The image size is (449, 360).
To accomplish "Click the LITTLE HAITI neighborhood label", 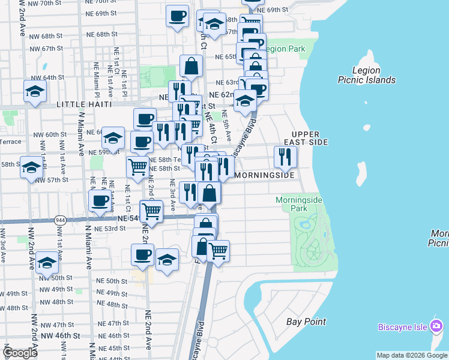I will tap(84, 104).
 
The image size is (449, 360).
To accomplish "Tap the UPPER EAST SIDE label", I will tap(310, 138).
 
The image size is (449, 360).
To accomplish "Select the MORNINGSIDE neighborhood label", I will tap(265, 175).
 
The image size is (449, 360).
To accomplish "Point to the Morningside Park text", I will tap(299, 204).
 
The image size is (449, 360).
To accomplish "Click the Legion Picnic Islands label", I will tap(366, 75).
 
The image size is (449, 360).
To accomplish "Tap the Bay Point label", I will tap(306, 322).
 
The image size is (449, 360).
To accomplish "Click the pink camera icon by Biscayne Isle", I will tap(436, 326).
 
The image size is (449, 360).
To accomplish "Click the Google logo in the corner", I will tap(20, 353).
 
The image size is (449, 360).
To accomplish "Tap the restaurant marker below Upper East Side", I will tap(285, 157).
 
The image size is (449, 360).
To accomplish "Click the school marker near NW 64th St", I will tap(35, 92).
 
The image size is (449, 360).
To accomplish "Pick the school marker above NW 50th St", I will tap(46, 263).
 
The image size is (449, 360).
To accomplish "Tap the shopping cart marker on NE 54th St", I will tap(151, 211).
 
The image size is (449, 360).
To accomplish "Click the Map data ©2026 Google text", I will tap(411, 355).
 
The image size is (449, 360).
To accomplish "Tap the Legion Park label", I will tap(283, 49).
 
